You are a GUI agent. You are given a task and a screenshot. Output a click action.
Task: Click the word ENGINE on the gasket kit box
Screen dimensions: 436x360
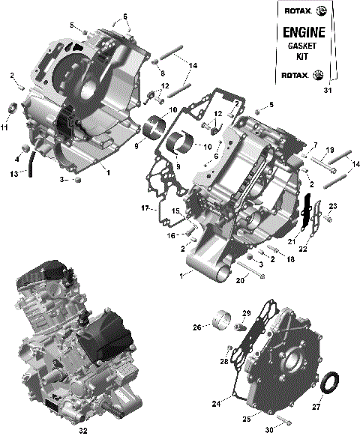point(303,32)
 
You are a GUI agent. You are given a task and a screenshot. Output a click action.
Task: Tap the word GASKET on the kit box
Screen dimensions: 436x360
point(303,46)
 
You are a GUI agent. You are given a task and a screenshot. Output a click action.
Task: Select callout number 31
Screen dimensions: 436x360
point(326,91)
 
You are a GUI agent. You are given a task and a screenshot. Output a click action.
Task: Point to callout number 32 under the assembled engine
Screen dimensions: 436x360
point(82,430)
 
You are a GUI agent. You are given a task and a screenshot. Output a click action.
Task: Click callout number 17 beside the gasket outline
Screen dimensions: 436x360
point(145,207)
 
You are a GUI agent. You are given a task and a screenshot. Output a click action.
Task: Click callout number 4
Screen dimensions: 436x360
point(16,158)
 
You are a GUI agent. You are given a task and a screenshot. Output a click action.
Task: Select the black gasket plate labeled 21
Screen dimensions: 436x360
point(306,213)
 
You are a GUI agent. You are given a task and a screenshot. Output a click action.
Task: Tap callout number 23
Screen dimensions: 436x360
point(334,206)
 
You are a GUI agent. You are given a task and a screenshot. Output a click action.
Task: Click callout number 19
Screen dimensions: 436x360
point(329,151)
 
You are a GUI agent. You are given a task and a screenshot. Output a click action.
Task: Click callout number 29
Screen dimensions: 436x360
point(246,312)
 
